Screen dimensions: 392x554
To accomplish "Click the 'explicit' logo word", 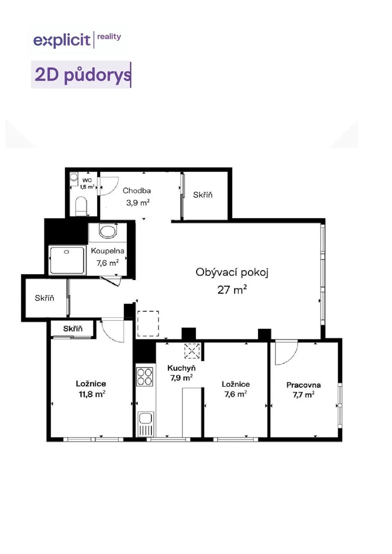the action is (62, 41).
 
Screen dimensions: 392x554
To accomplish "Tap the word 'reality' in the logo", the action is (109, 37).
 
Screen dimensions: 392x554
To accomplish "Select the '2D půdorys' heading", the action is (82, 75).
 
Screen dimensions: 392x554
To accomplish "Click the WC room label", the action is (87, 180).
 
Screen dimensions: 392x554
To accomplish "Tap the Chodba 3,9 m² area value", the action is (138, 203).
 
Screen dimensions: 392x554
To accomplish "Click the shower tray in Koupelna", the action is (67, 260).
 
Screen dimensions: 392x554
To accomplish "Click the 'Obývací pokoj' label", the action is (232, 272).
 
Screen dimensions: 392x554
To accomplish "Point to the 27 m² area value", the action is (232, 289).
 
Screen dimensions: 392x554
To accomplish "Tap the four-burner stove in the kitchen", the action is (145, 377).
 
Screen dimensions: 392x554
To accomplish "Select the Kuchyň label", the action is (181, 368).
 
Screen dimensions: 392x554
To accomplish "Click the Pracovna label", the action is (304, 385).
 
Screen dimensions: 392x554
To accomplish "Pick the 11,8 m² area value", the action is (92, 394).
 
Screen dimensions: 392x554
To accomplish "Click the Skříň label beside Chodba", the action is (203, 195).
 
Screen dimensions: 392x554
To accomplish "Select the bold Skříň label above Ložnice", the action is (73, 329).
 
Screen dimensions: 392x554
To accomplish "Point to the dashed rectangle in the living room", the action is (148, 324).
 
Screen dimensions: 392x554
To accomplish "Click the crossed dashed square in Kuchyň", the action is (192, 351).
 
